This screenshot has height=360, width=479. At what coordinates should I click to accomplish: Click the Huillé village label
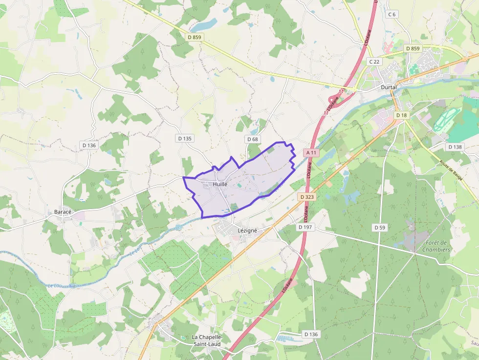tap(220, 184)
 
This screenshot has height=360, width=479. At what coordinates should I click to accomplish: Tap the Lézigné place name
tap(247, 230)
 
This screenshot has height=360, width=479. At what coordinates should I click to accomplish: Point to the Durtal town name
tap(389, 87)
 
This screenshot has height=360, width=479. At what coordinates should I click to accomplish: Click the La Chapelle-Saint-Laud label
tap(207, 340)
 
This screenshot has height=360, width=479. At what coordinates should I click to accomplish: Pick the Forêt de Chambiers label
tap(436, 246)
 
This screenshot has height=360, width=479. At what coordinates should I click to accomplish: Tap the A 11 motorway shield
tap(311, 153)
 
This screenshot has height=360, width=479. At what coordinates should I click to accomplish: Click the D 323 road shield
tap(306, 196)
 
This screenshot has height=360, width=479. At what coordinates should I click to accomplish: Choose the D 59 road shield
tap(380, 227)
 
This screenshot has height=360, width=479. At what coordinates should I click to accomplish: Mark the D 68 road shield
tap(252, 139)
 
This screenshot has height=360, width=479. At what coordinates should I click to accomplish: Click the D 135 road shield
tap(185, 138)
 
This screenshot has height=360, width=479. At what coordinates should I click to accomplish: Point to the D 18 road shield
tap(401, 115)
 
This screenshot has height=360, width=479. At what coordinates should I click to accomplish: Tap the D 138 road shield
tap(455, 147)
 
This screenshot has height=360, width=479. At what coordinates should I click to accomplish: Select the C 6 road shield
tap(392, 14)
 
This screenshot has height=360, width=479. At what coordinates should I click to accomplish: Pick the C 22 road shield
tap(374, 62)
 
